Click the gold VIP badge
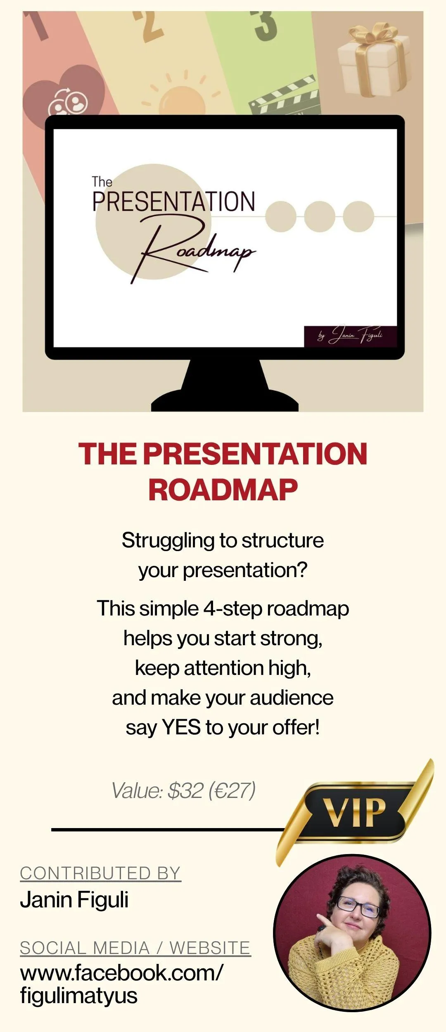pos(355,812)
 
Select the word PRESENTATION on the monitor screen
pos(173,201)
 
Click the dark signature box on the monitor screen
pos(350,336)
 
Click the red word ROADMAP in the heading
pos(223,490)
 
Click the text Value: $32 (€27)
pos(183,791)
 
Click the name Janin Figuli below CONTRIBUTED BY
pos(74,900)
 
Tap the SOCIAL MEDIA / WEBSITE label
pos(135,948)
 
